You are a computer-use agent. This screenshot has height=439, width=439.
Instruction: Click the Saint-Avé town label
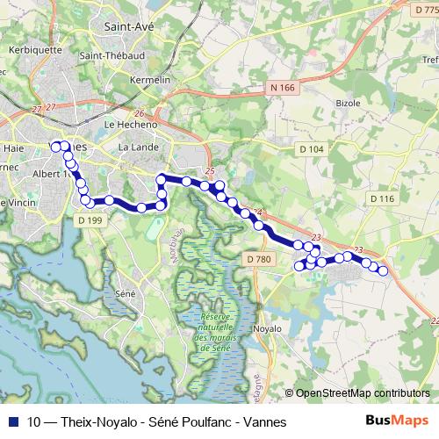129,27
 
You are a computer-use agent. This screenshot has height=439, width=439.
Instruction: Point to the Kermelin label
148,80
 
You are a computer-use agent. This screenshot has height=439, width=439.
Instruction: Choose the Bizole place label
349,102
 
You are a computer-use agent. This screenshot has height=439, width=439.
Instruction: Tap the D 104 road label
311,150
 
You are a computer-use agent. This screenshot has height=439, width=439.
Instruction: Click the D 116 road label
382,199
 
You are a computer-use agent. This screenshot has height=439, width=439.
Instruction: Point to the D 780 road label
259,259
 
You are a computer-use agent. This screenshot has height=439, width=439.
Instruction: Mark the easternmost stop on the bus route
383,270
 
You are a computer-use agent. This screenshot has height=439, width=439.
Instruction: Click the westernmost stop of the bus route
56,147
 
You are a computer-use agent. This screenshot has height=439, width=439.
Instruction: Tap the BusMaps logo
394,422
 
